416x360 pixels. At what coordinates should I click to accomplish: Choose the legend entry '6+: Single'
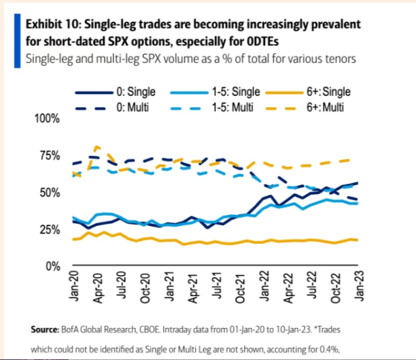(322, 90)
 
